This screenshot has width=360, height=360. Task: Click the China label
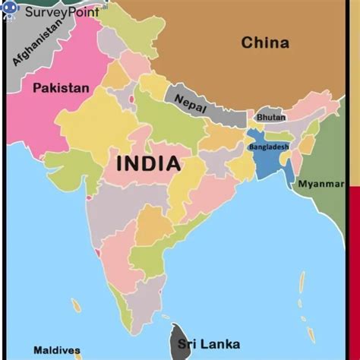265,43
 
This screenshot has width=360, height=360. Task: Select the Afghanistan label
38,44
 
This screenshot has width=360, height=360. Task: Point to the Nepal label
190,104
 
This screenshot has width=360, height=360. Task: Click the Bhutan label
271,118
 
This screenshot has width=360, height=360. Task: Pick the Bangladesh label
269,147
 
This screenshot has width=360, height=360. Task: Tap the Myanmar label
320,184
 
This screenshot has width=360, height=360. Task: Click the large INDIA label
148,163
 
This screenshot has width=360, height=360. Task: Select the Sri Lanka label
208,344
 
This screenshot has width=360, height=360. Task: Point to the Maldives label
57,350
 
